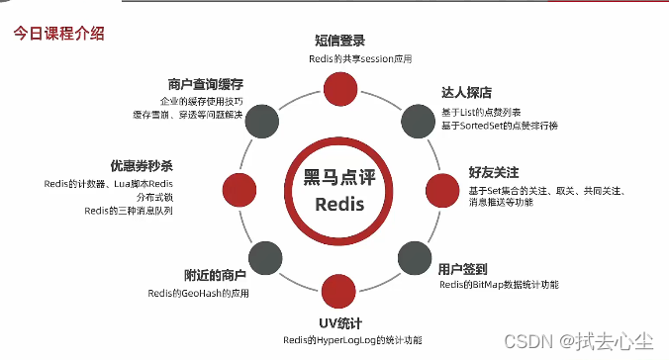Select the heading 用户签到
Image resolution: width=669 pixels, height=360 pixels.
click(x=463, y=267)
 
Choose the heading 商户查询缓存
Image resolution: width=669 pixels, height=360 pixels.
click(x=205, y=84)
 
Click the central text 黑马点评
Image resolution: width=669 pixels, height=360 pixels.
click(x=339, y=178)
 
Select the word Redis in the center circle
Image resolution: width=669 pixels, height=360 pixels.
click(x=339, y=206)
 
